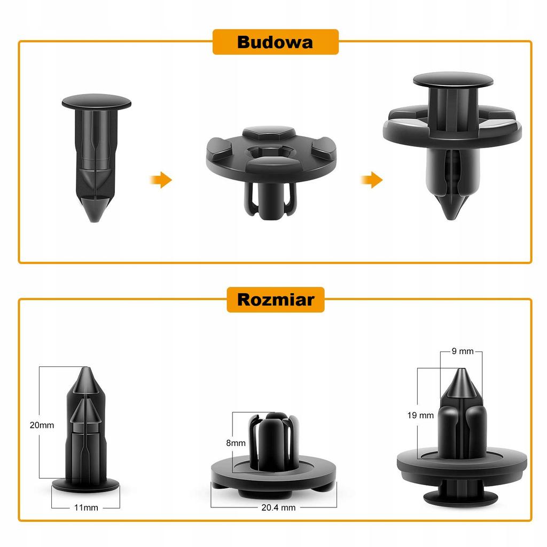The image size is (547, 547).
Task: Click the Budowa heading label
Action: click(x=275, y=42)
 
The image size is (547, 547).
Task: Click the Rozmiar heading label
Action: click(x=276, y=300)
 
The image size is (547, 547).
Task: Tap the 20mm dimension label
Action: click(x=42, y=425)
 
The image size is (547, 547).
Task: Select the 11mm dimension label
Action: click(x=86, y=507)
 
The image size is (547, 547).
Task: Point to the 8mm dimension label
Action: click(x=236, y=443)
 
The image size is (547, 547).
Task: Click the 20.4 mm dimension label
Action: click(x=278, y=507)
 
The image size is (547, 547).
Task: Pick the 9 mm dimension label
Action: click(x=463, y=351)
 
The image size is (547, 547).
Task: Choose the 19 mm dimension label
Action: click(x=420, y=415)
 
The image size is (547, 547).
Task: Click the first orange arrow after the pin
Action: click(x=161, y=180)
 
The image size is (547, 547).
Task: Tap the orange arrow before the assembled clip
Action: click(x=372, y=180)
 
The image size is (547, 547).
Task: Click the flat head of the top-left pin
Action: click(x=96, y=102)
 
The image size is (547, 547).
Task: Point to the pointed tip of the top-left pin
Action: click(x=94, y=219)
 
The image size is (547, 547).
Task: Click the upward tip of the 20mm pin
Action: click(x=86, y=369)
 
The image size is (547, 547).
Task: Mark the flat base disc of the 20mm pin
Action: click(x=86, y=485)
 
